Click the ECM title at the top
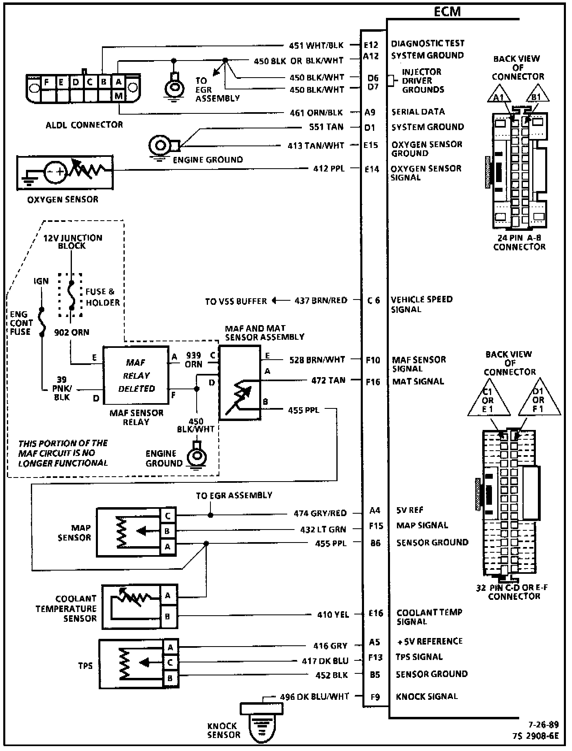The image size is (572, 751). pos(447,11)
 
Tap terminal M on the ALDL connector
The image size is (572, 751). pos(119,96)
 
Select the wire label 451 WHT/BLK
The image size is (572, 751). pos(316,46)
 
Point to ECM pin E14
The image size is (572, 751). pos(372,169)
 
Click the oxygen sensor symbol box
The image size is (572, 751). pos(65,172)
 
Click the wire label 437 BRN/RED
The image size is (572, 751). pos(321,300)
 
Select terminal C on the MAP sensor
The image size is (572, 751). pos(168,516)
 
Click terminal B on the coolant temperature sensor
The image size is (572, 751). pos(168,616)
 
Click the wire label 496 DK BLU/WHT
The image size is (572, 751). pos(314,697)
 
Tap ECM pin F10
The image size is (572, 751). pos(373,360)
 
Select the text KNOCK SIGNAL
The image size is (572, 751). pos(427,697)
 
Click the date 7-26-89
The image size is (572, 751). pos(544,725)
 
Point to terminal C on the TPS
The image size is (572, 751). pos(170,662)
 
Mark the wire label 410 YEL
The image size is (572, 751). pos(333,615)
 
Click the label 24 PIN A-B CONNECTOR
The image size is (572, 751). pos(519,242)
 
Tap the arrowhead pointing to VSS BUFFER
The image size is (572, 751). pos(275,301)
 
